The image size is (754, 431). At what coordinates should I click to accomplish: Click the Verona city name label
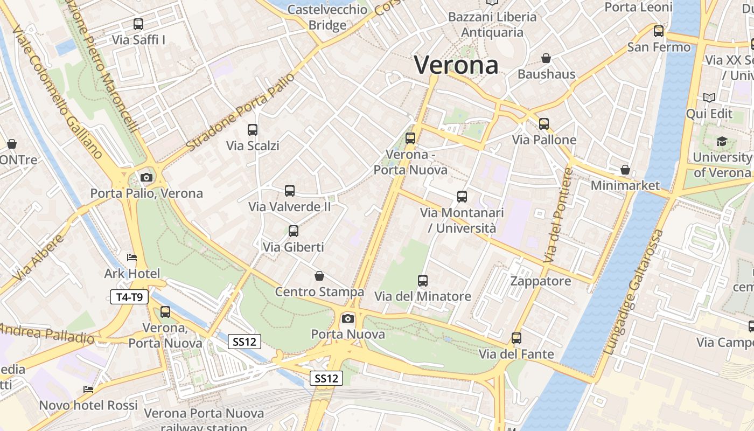pos(456,65)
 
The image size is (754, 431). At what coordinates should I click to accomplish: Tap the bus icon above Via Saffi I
pos(138,24)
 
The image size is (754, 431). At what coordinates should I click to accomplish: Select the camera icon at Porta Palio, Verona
pos(146,177)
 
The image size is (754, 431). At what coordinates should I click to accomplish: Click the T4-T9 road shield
pos(129,297)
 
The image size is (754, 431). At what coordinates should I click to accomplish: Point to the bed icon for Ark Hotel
pos(131,258)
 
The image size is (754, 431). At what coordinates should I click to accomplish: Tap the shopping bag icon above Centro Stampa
pos(319,276)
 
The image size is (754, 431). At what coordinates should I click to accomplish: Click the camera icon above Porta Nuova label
pos(348,318)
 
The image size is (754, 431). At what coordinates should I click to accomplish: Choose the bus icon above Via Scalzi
pos(253,130)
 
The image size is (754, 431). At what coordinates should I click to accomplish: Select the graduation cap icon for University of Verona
pos(722,142)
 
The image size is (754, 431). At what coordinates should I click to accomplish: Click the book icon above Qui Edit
pos(709,98)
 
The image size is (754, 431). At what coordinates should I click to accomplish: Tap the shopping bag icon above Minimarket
pos(625,170)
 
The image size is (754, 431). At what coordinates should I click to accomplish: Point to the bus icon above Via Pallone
pos(544,124)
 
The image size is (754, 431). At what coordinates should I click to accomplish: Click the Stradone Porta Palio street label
pos(241,112)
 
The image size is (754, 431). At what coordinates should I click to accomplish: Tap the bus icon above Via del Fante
pos(516,338)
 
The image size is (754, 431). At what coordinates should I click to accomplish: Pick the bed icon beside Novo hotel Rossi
pos(88,390)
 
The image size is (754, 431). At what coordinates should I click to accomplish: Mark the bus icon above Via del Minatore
pos(423,281)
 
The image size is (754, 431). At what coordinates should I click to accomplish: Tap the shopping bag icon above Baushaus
pos(546,58)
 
